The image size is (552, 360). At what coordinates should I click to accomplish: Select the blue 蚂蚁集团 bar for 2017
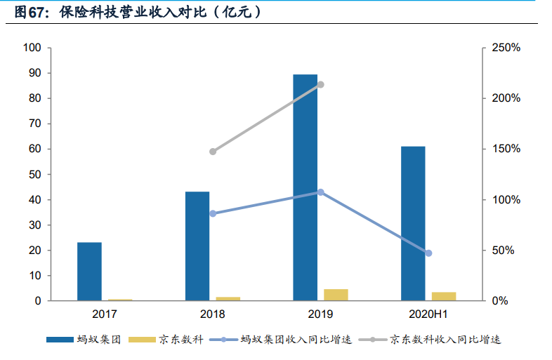[x=89, y=272]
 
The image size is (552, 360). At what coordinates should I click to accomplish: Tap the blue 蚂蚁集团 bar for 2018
[x=197, y=246]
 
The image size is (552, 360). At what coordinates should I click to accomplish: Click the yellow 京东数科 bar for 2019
[x=336, y=295]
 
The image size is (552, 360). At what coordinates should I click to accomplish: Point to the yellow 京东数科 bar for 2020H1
[x=444, y=296]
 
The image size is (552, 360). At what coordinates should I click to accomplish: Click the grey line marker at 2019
[x=321, y=84]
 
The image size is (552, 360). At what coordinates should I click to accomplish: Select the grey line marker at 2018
[x=213, y=152]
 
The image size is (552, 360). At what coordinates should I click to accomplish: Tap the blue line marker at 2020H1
[x=428, y=253]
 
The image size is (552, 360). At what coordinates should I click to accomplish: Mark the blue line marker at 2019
[x=321, y=192]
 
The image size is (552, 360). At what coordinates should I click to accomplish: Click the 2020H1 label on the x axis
[x=428, y=314]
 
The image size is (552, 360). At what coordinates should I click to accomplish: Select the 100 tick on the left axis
[x=33, y=48]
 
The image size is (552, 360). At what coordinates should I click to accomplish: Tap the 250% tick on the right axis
[x=506, y=48]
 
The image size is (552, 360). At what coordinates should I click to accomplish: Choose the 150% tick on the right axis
[x=506, y=149]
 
